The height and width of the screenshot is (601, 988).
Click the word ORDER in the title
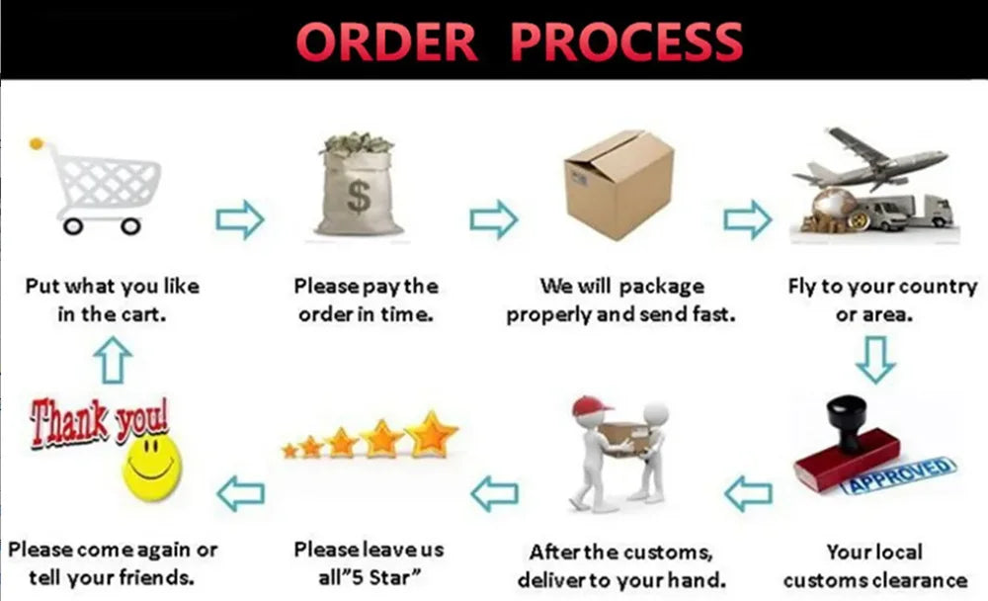tap(386, 42)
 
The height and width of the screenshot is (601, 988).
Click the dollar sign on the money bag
tap(358, 198)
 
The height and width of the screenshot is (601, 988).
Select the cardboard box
tap(618, 185)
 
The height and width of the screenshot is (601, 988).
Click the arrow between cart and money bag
tap(240, 219)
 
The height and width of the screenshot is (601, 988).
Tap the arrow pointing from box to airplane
tap(748, 219)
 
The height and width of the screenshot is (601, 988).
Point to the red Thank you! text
tap(99, 419)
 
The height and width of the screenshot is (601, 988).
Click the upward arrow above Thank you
tap(114, 360)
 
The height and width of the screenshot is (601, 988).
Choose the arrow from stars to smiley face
tap(240, 491)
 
